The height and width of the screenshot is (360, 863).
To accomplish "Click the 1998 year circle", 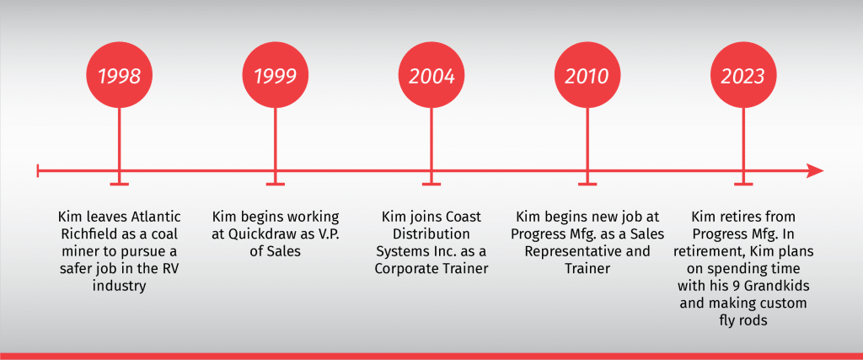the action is coord(120,76).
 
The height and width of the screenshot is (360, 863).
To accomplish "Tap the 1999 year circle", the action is coord(276,76).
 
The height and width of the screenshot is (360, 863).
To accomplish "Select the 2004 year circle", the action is coord(431,76).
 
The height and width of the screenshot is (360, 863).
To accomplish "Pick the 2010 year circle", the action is coord(587,76).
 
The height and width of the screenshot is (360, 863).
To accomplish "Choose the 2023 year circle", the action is coord(743,76).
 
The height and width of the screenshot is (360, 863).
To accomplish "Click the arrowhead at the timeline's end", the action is coord(815,170).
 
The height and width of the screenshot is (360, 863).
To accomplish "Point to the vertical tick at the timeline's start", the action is coord(37,170).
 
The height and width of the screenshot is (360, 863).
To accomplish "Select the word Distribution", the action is coord(431,234).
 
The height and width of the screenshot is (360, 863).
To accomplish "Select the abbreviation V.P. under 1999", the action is coord(327,234).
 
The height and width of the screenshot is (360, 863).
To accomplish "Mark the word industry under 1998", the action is coord(120,287).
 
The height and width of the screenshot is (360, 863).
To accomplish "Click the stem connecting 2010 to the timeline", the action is coord(587,146).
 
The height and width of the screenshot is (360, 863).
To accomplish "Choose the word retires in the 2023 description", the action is coord(734,217).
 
